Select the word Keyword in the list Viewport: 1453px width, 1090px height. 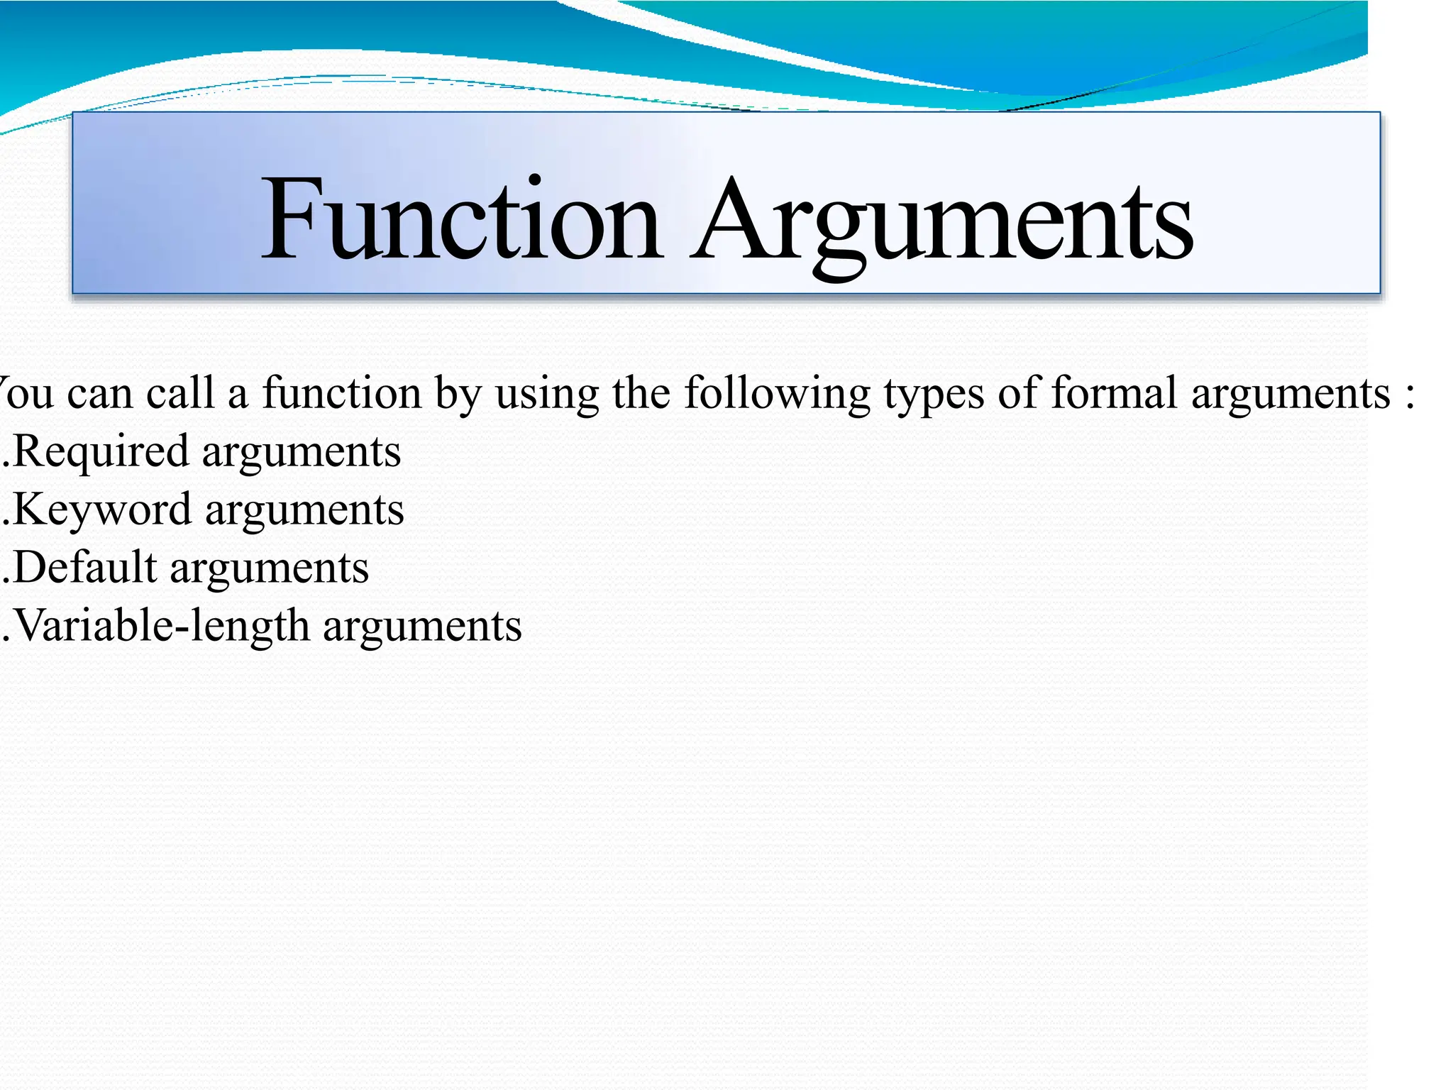102,510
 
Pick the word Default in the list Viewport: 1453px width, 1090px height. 84,568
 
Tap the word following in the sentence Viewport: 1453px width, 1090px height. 777,395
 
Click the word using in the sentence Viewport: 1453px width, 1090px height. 547,395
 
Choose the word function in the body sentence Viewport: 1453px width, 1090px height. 342,393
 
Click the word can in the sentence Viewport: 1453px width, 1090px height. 99,395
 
